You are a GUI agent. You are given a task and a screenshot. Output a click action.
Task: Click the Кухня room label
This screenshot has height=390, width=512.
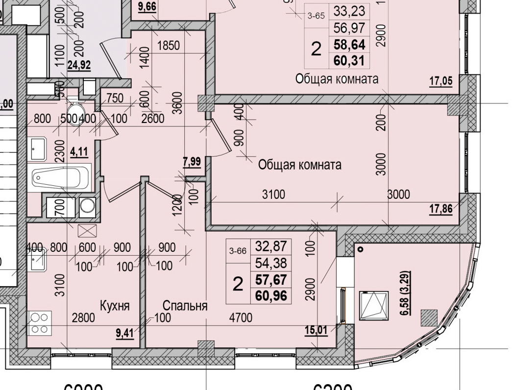coord(115,306)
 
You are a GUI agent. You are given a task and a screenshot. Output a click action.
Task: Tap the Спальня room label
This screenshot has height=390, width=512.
coord(185,306)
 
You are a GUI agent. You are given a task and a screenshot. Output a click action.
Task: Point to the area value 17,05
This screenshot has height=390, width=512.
coord(441,81)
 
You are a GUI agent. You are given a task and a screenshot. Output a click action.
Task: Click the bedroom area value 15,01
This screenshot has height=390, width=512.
coord(316,330)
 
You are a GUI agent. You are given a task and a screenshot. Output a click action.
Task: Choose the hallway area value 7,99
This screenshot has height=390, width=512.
coord(192,162)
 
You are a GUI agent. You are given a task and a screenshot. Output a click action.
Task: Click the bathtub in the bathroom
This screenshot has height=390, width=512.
coord(61,176)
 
